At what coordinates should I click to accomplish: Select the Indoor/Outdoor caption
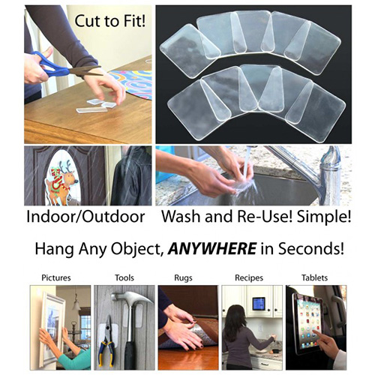click(x=85, y=217)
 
